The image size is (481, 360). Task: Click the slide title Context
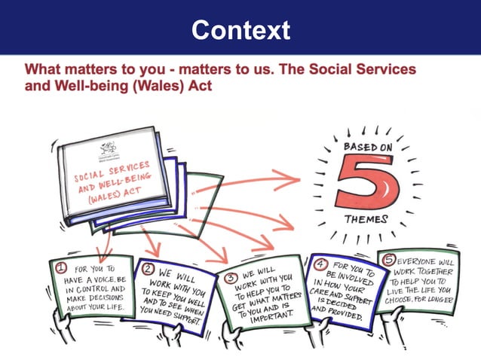[240, 30]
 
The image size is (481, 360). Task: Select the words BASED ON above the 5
[368, 148]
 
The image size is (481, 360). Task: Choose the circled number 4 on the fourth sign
[320, 265]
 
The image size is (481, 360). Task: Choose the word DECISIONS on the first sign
[103, 298]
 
